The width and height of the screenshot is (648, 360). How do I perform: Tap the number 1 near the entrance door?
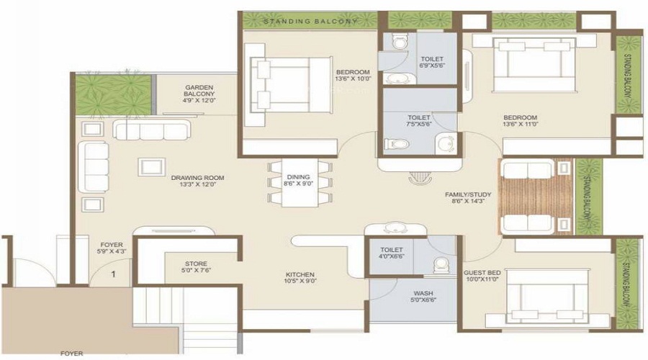[x=113, y=274]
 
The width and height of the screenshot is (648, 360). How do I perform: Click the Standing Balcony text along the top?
[x=310, y=22]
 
